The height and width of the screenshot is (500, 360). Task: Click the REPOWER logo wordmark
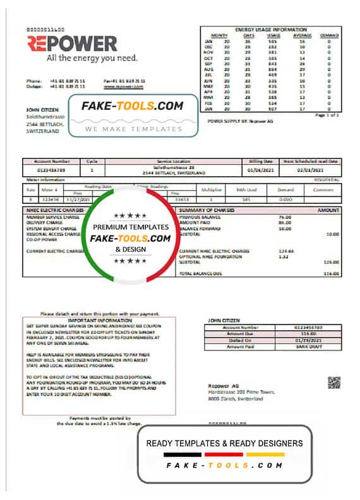72,44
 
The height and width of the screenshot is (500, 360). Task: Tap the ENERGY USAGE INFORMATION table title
271,30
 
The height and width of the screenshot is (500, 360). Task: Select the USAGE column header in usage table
273,35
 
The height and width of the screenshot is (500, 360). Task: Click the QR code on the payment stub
333,383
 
